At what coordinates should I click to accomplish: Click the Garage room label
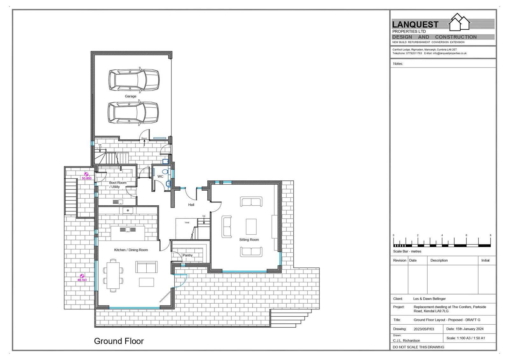click(130, 96)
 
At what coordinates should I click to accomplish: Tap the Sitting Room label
click(249, 240)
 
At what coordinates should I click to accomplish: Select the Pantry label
click(187, 255)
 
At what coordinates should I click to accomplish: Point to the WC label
click(160, 176)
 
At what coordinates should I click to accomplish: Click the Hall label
click(191, 205)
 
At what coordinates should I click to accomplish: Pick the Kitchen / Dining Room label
click(131, 250)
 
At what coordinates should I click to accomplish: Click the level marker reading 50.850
click(86, 176)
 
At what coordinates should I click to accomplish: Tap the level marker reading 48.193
click(82, 278)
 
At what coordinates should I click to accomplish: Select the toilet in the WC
click(166, 172)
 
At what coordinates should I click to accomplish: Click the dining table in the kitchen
click(113, 276)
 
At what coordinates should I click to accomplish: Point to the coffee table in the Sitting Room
click(251, 227)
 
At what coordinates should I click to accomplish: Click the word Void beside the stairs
click(187, 222)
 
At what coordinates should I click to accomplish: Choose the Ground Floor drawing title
click(119, 341)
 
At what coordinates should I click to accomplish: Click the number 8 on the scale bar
click(490, 235)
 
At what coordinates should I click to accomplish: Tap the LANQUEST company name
click(415, 25)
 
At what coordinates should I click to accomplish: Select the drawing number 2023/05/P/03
click(424, 329)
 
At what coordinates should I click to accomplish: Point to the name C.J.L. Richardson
click(407, 341)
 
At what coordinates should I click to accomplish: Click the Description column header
click(439, 260)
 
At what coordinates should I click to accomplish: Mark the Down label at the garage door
click(144, 138)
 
